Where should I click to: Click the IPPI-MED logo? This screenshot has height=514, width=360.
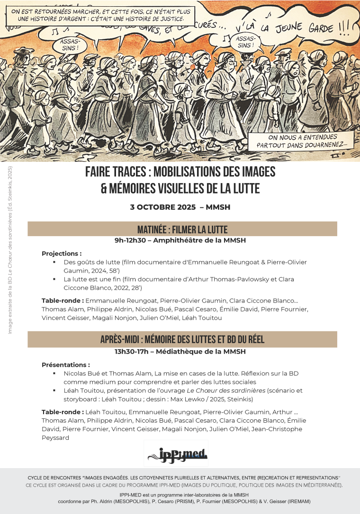176,453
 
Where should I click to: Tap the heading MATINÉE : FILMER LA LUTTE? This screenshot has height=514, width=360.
182,230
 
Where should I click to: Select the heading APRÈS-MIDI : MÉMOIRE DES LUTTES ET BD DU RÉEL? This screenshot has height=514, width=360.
182,339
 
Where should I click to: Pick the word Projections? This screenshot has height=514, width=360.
61,253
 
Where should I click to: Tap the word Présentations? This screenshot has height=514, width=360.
65,365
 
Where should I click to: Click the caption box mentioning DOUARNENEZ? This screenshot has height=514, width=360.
301,141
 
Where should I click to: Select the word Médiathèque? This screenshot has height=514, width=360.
183,352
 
